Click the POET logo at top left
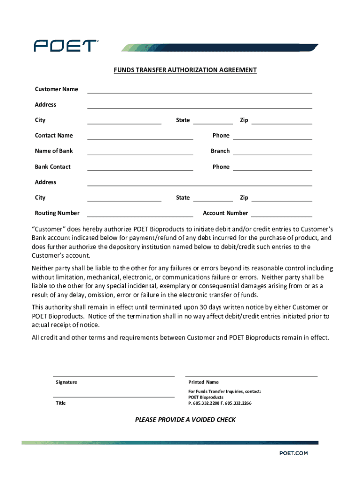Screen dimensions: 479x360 [65, 45]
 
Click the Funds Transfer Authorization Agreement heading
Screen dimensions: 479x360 [185, 70]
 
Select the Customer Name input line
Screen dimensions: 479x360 [200, 90]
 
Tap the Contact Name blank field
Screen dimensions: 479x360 [140, 136]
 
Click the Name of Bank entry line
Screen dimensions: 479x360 [140, 152]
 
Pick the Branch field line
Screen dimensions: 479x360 [273, 152]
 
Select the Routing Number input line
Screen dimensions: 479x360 [140, 214]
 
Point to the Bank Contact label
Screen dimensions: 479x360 [53, 167]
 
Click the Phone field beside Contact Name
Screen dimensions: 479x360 [273, 136]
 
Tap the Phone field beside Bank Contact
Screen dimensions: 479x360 [273, 167]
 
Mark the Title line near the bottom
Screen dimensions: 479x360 [114, 396]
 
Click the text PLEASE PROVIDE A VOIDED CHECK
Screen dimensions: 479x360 [185, 420]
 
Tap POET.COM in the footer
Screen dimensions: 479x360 [294, 453]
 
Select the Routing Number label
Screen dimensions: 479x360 [57, 213]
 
